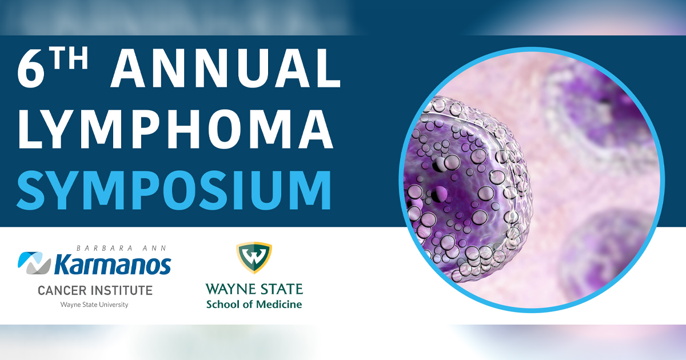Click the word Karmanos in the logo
tap(112, 265)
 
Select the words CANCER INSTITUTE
tap(95, 290)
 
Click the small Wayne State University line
tap(94, 305)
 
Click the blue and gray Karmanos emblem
tap(34, 263)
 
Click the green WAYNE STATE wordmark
tap(254, 289)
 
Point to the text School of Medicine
tap(254, 304)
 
